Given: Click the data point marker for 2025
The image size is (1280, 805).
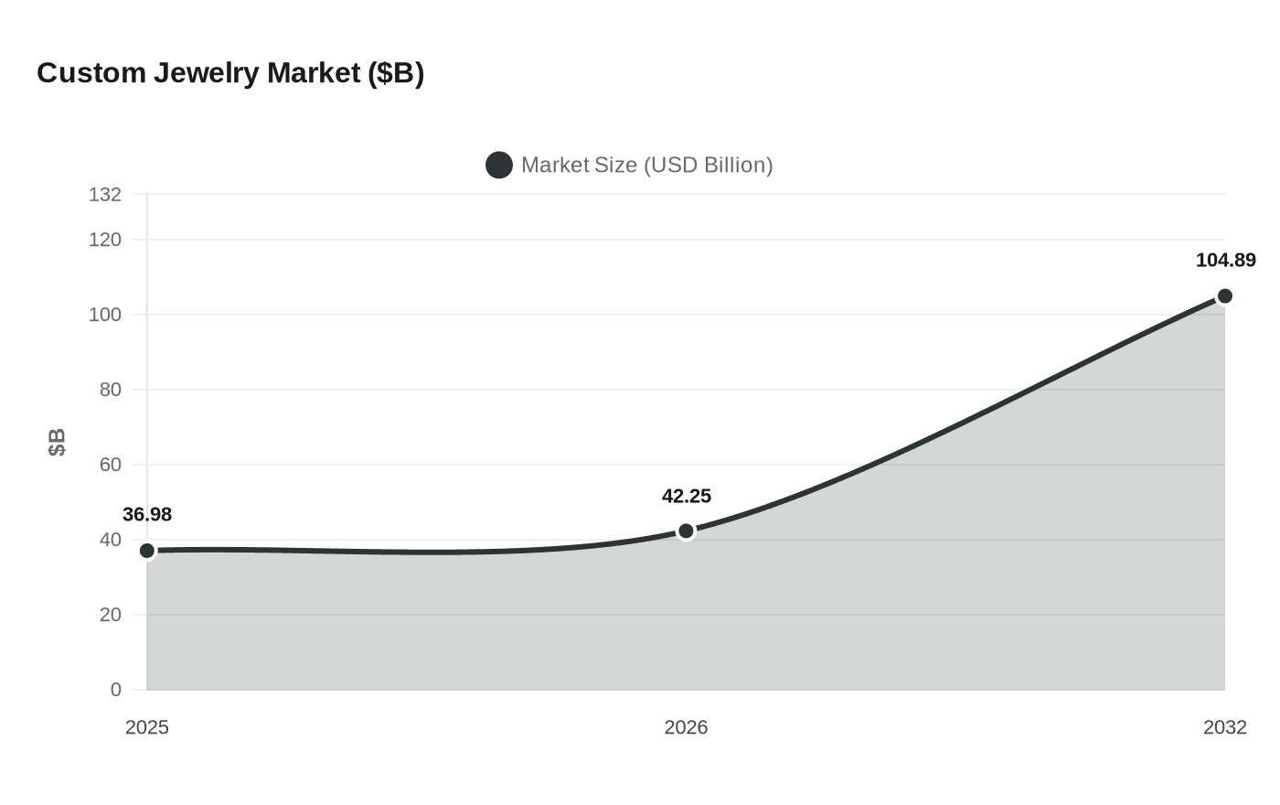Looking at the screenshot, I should click(x=147, y=551).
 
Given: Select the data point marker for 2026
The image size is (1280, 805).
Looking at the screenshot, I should click(x=686, y=531).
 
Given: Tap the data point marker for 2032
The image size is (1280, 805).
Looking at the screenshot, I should click(x=1225, y=296).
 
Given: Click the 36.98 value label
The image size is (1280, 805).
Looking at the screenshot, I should click(x=147, y=515).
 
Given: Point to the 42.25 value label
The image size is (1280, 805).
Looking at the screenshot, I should click(x=687, y=497).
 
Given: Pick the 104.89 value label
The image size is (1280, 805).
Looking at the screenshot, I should click(x=1225, y=261).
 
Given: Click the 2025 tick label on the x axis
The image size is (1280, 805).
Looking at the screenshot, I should click(x=147, y=727).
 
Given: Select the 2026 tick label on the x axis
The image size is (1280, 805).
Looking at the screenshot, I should click(x=686, y=727).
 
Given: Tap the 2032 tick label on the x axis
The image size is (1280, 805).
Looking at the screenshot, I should click(x=1224, y=727).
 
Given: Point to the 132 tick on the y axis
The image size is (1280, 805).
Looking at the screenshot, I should click(x=105, y=195).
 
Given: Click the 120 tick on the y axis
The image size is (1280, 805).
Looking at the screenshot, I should click(x=105, y=240).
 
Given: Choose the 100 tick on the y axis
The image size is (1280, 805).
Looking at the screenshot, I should click(x=105, y=315).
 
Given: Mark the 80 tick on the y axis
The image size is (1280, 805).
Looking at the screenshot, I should click(x=111, y=390).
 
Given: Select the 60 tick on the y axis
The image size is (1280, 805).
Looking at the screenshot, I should click(x=111, y=465).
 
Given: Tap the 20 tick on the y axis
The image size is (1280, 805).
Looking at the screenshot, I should click(x=111, y=615).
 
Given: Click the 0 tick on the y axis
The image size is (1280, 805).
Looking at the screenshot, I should click(x=116, y=690).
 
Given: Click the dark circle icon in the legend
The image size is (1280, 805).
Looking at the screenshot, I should click(x=499, y=166).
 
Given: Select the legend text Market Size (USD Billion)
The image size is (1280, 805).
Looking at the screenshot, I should click(x=646, y=166).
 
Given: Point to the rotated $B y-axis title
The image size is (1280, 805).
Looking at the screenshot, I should click(x=57, y=442).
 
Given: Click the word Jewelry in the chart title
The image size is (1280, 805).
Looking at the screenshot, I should click(x=207, y=73).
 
